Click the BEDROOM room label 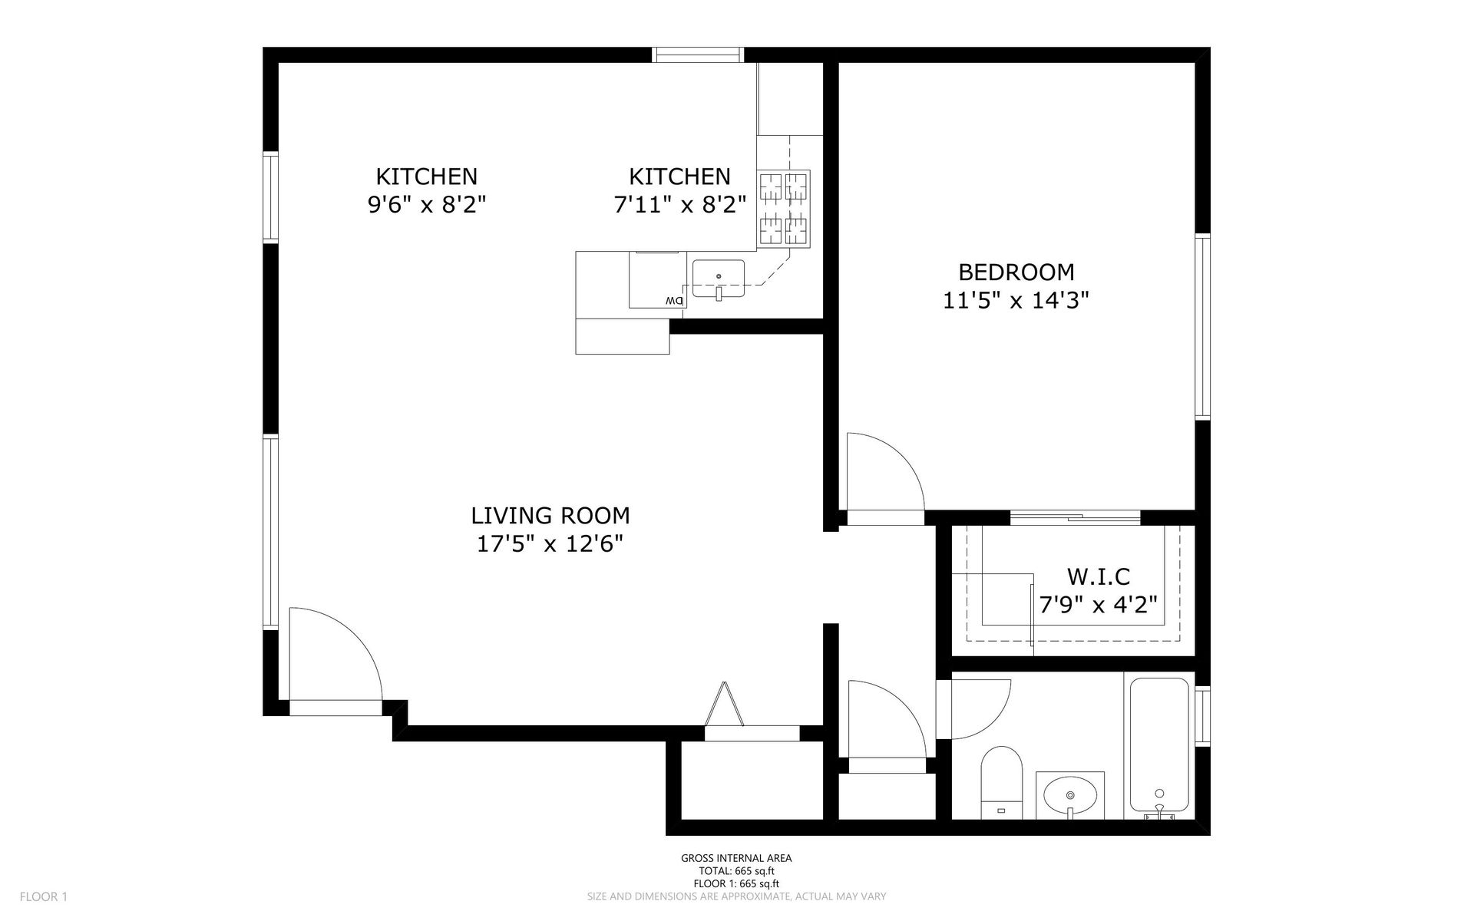(1016, 272)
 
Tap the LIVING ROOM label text (550, 515)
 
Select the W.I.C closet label (1098, 576)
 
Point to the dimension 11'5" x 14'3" (1016, 300)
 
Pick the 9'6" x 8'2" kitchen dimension (427, 205)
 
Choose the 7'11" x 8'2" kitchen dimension (679, 205)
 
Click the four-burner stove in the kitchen (784, 209)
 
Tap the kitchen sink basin (719, 279)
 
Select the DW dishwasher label (674, 300)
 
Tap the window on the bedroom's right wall (1202, 326)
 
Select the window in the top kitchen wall (699, 54)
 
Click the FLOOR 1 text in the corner (44, 896)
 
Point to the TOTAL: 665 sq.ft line (736, 871)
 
